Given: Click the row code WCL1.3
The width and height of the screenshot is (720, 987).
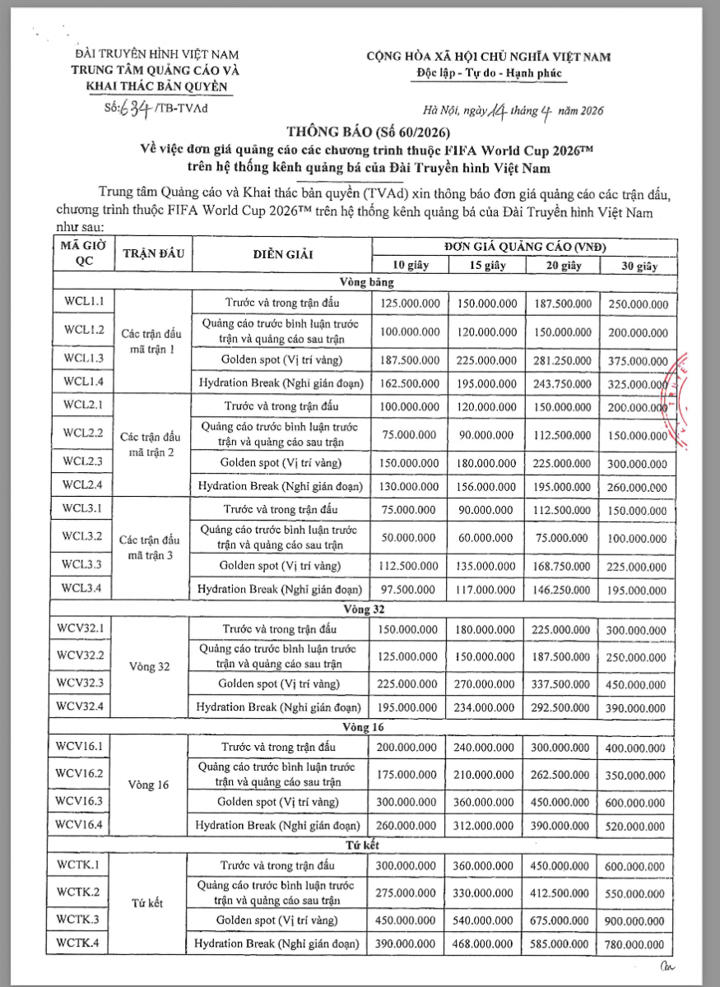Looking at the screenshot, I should [81, 359].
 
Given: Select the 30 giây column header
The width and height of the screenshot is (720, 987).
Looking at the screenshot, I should [637, 266].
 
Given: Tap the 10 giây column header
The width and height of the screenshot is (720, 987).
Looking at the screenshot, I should [410, 265].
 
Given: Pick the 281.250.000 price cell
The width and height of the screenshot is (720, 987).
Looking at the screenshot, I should [561, 359].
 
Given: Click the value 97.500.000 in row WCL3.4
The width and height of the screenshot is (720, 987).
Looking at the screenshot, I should [410, 589].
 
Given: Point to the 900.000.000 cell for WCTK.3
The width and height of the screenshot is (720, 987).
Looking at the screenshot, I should [637, 920].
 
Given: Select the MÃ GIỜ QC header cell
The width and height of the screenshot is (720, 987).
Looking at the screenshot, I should [81, 253].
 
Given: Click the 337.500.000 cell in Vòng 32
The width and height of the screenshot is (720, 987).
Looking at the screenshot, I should [561, 683].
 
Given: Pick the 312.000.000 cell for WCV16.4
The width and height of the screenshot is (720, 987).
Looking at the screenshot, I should [485, 825].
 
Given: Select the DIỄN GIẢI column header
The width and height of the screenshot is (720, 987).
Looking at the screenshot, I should [283, 254].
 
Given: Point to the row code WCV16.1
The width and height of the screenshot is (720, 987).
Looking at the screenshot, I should [81, 746].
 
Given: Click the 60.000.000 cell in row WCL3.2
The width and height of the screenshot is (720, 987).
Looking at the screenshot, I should [485, 537].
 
